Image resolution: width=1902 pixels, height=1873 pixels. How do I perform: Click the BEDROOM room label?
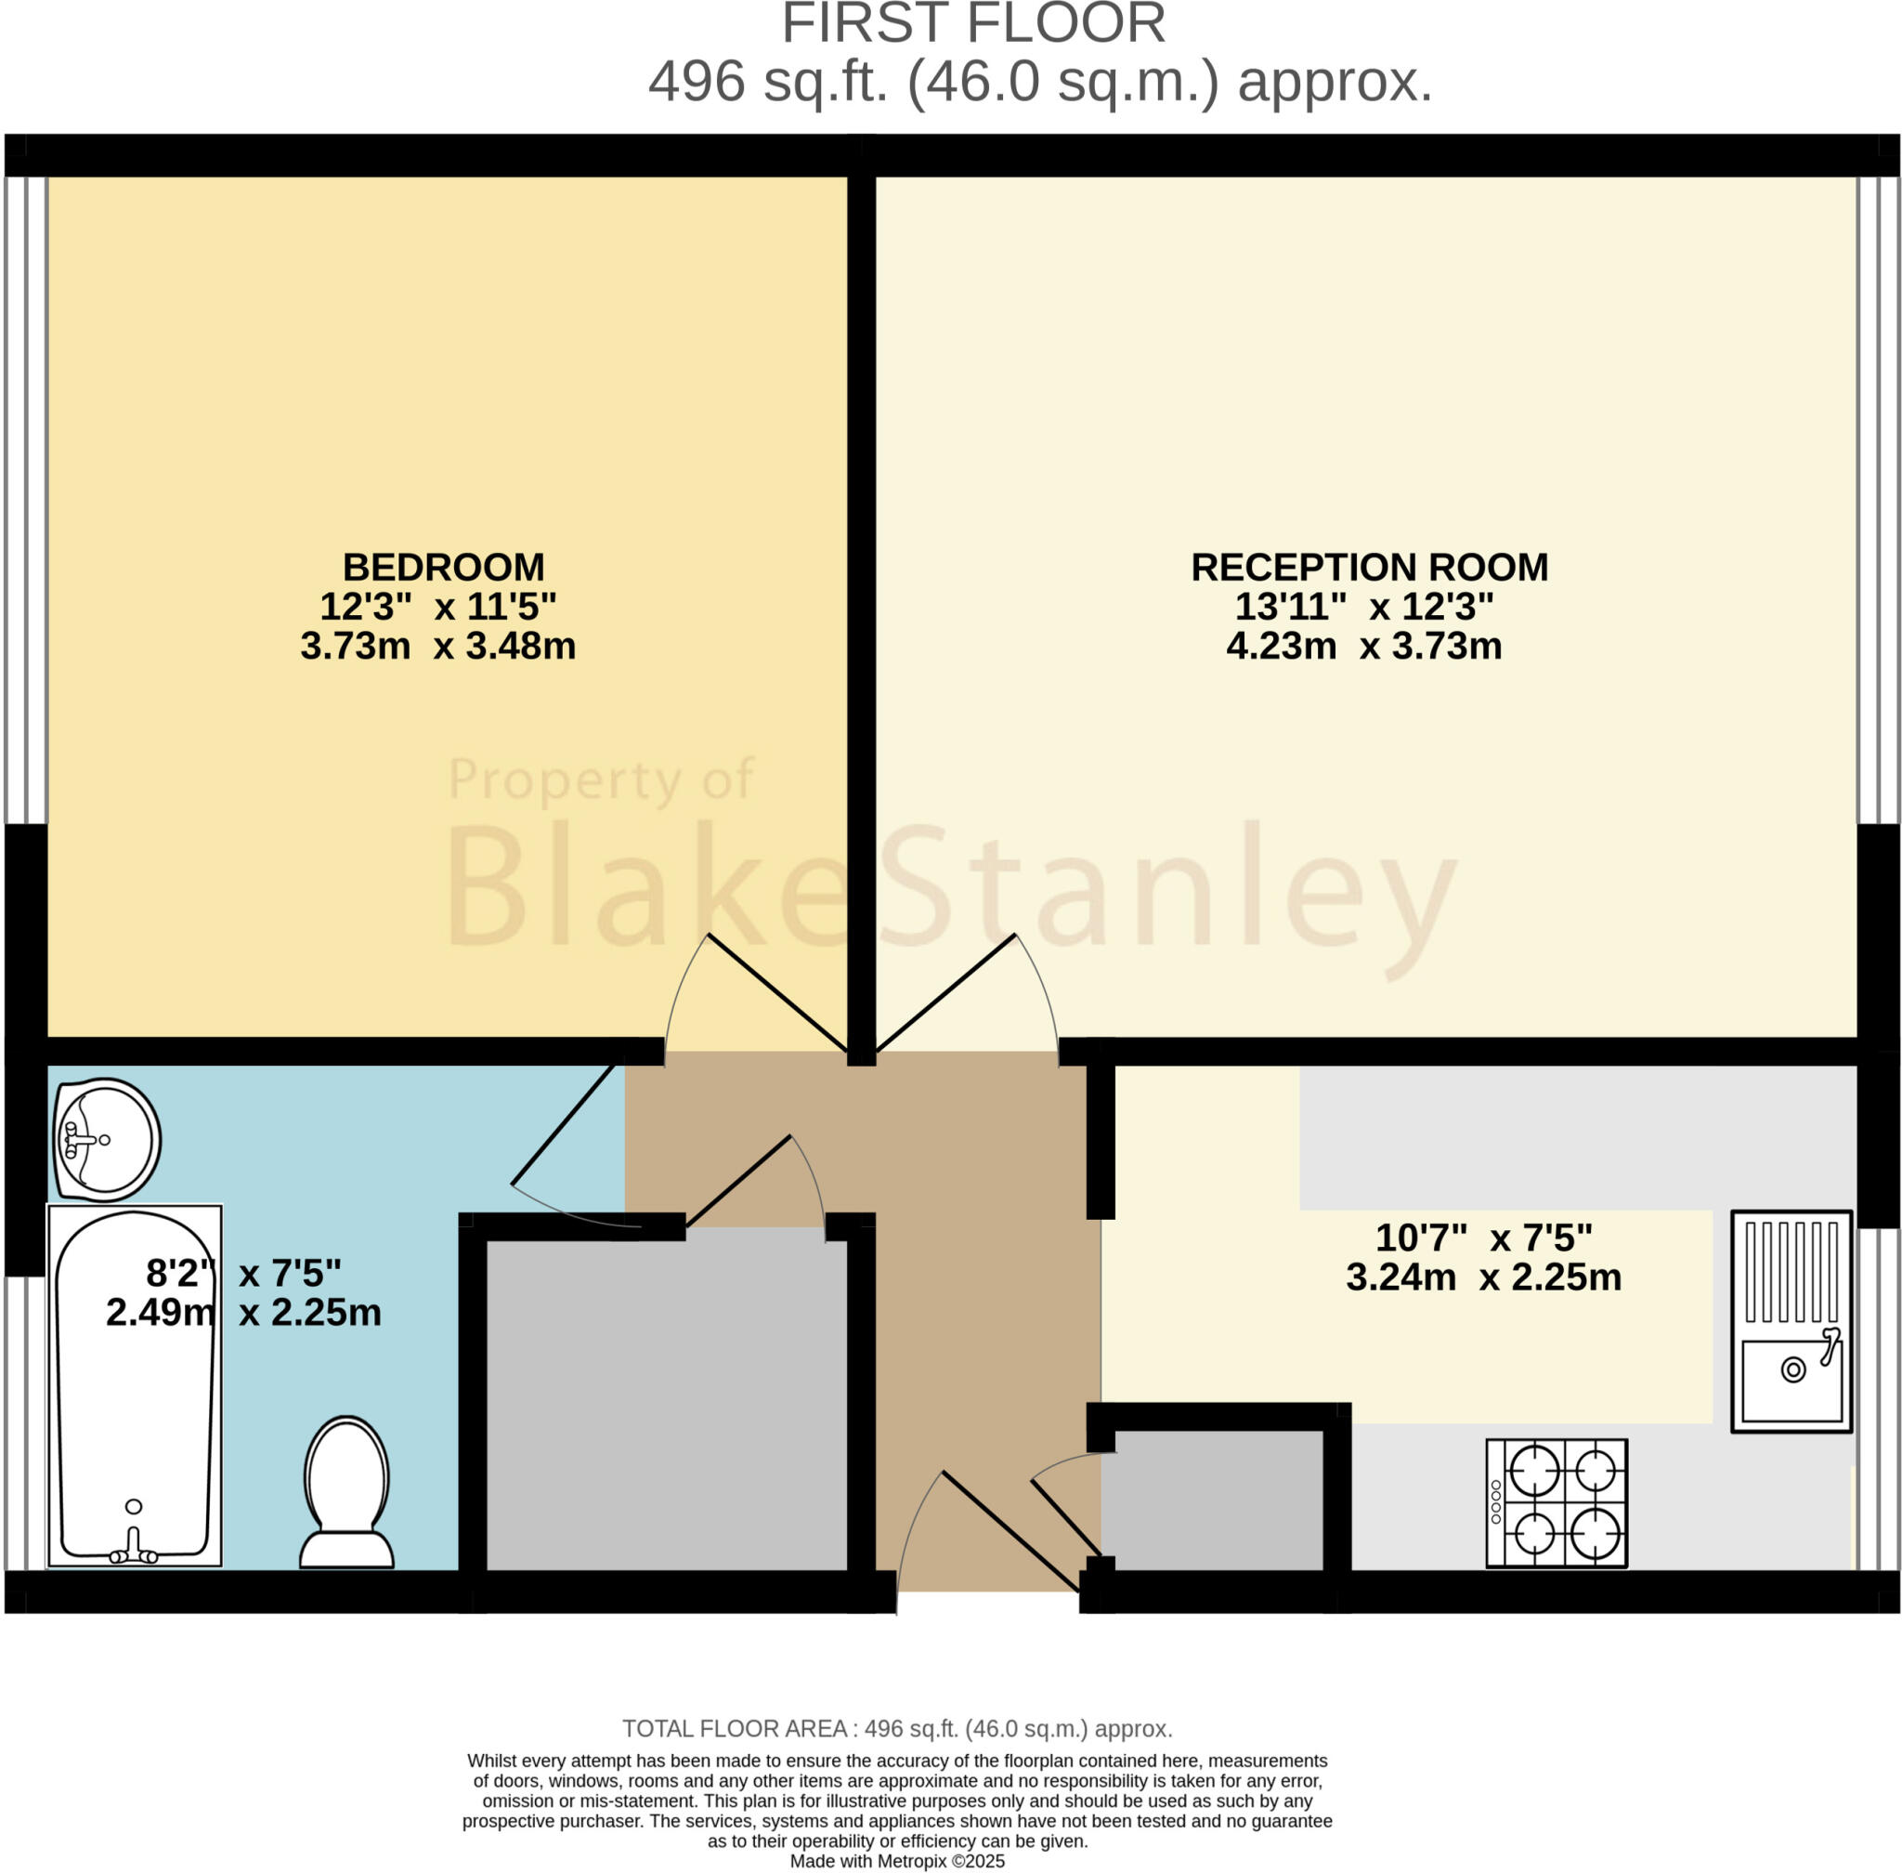click(443, 568)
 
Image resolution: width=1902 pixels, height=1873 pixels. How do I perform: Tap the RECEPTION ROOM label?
click(1369, 568)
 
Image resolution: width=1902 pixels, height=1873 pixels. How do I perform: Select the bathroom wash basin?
click(106, 1140)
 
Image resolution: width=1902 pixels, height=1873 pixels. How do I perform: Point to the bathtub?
click(135, 1387)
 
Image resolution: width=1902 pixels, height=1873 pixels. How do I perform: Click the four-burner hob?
click(1556, 1503)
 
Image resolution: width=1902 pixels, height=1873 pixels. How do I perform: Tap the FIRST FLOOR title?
click(972, 23)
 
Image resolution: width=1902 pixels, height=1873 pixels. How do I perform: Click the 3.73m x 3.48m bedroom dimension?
click(437, 647)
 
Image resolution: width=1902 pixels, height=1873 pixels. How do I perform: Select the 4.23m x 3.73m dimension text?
click(1364, 647)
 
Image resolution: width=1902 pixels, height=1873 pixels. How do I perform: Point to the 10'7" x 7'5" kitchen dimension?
click(1483, 1237)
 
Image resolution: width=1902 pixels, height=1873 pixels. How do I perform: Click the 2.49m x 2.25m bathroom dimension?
click(243, 1312)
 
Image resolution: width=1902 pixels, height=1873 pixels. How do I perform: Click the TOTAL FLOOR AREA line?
click(897, 1728)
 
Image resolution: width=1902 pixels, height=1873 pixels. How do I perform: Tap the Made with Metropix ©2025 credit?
click(897, 1861)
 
